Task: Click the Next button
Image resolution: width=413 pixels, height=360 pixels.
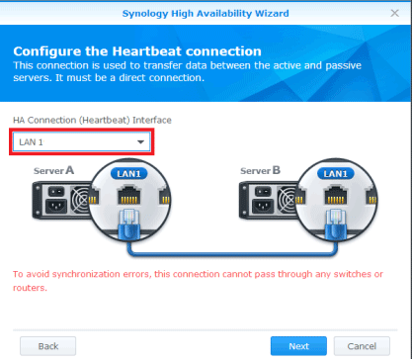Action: click(298, 346)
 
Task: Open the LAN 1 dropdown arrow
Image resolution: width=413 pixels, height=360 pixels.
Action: click(140, 142)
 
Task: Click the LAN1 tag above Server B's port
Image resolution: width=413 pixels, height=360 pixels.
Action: click(337, 174)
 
